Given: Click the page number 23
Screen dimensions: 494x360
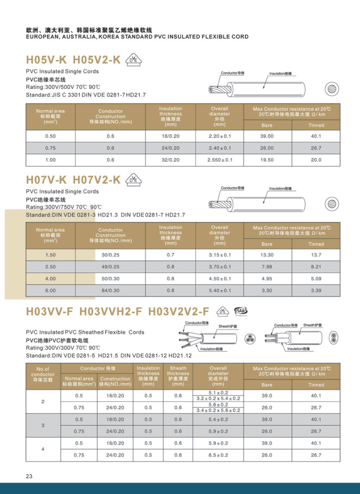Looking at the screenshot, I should coord(29,476).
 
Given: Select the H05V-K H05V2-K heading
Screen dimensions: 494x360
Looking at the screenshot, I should coord(73,60).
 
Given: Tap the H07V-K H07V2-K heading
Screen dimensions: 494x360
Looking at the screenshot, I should coord(73,180).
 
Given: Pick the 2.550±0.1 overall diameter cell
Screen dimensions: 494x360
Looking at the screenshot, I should coord(220,160).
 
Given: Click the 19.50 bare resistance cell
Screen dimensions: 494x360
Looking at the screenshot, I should coord(267,160).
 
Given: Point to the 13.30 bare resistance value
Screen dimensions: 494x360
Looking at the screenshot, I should coord(267,255).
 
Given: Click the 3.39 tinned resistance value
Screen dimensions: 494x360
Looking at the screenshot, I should coord(316,290).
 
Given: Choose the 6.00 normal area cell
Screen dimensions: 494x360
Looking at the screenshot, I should coord(50,290).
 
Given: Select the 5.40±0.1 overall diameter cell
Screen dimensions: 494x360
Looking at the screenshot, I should coord(220,290).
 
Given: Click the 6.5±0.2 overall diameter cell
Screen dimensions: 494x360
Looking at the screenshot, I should coord(218,455).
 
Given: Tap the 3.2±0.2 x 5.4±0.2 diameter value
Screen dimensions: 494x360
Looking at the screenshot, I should coord(218,399).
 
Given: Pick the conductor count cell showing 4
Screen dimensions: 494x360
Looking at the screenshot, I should coord(43,449).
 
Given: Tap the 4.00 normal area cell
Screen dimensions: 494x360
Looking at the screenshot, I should coord(50,278).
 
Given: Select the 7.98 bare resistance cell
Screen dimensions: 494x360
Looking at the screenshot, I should coord(267,266).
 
